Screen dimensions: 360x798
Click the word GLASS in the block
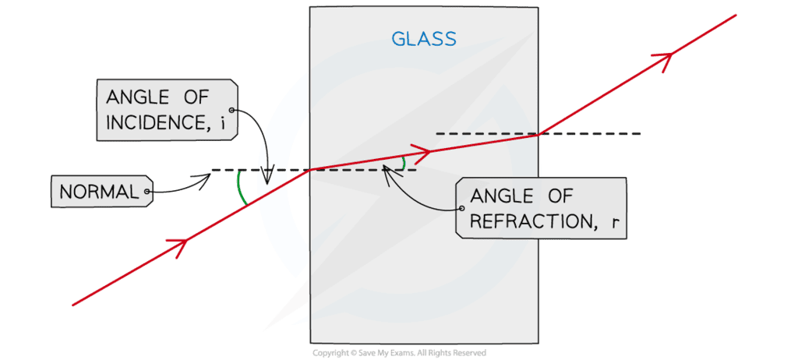425,38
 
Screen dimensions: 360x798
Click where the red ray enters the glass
310,169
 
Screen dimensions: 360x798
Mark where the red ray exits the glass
538,135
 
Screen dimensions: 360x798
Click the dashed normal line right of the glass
592,134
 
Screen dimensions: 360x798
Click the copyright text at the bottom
399,353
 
